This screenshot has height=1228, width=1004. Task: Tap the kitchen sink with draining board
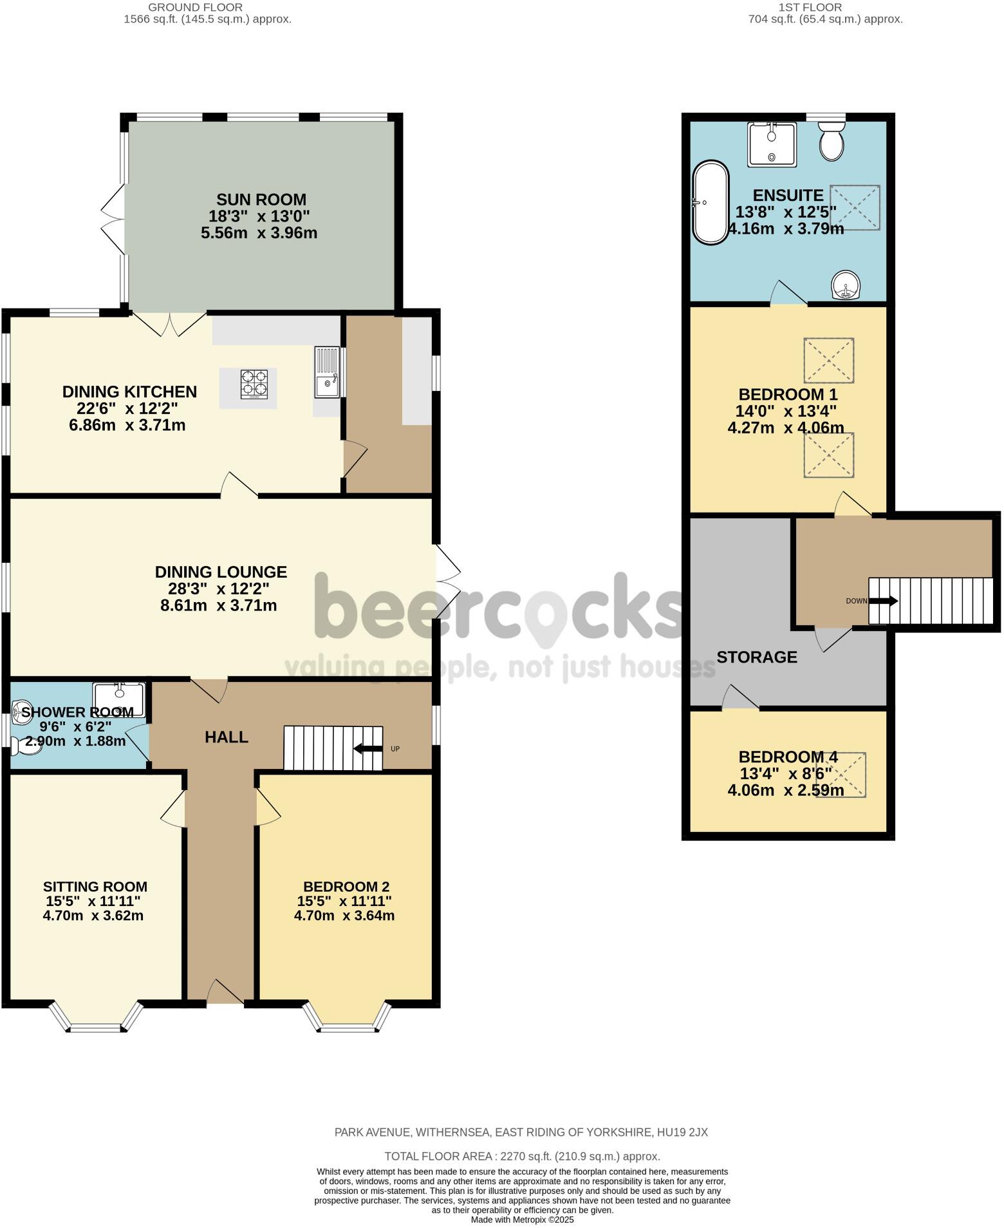pyautogui.click(x=328, y=373)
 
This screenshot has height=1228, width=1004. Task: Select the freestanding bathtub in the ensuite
pyautogui.click(x=711, y=202)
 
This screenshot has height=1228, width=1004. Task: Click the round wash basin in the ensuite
pyautogui.click(x=846, y=285)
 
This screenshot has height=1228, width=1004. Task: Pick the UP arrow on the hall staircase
pyautogui.click(x=367, y=748)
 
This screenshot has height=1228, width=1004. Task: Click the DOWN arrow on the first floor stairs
pyautogui.click(x=885, y=601)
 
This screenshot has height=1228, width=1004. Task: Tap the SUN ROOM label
pyautogui.click(x=261, y=200)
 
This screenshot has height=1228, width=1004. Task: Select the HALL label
pyautogui.click(x=227, y=737)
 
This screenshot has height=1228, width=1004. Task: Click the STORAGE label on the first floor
pyautogui.click(x=757, y=657)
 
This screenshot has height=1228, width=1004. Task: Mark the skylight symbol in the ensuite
pyautogui.click(x=855, y=207)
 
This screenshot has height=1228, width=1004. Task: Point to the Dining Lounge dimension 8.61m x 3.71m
pyautogui.click(x=218, y=605)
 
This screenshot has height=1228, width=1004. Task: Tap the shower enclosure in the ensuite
pyautogui.click(x=772, y=144)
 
